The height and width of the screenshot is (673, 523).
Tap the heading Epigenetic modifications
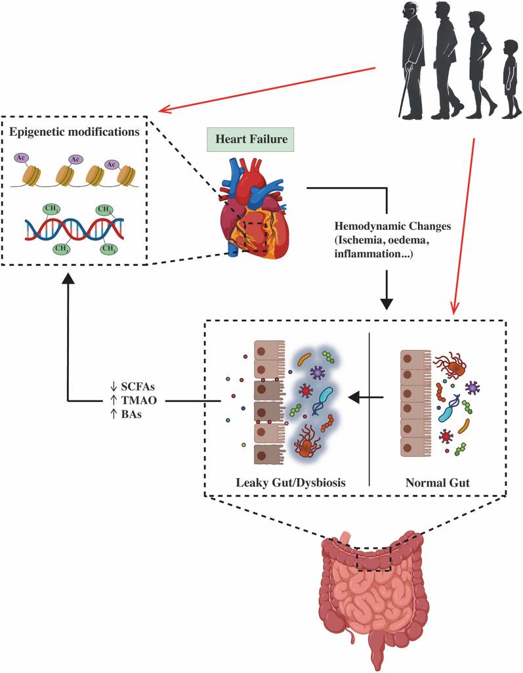(73, 131)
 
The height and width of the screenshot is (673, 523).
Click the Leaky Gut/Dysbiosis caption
(291, 483)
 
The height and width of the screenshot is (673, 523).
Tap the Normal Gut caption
(436, 483)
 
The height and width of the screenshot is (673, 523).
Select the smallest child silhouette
(510, 79)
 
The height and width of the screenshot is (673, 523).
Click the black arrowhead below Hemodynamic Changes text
(388, 303)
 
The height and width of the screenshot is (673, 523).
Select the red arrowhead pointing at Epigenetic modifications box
(163, 109)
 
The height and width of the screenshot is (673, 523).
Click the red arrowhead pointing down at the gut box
(453, 307)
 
